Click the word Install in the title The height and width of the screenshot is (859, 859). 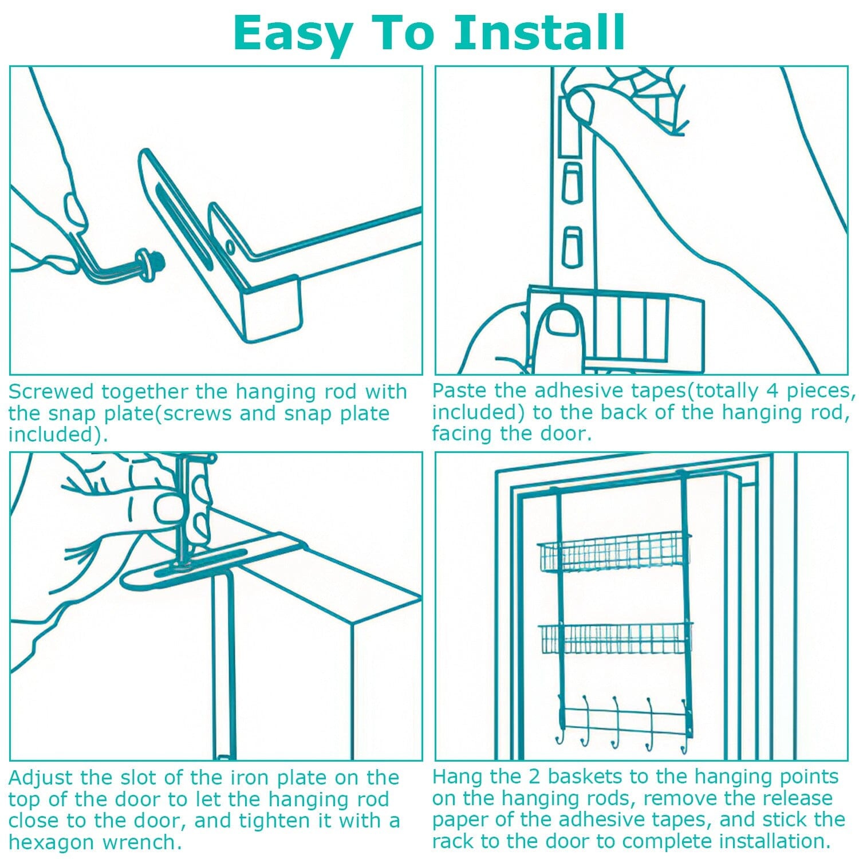click(539, 32)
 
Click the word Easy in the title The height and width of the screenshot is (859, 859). click(293, 34)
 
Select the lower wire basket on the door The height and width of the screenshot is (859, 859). click(615, 639)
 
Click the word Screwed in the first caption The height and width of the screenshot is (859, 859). click(50, 392)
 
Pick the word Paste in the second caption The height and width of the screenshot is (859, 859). click(460, 391)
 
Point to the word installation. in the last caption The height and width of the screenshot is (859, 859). click(774, 841)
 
